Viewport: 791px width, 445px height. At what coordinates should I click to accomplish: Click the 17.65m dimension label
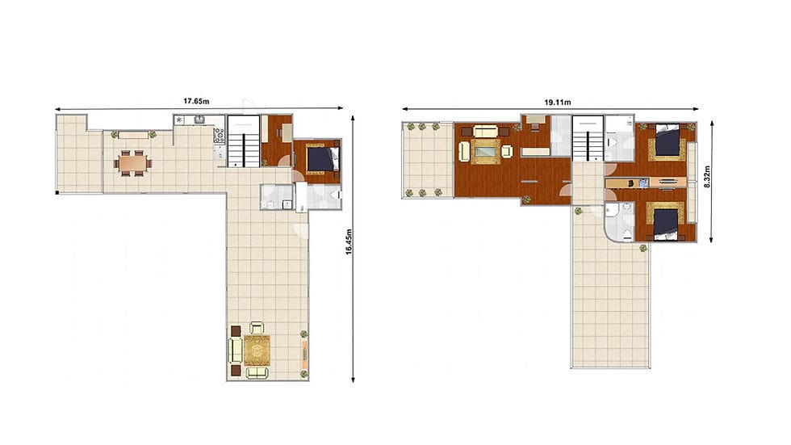pyautogui.click(x=196, y=101)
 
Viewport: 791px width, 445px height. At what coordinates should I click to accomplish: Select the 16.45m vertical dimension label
pyautogui.click(x=349, y=241)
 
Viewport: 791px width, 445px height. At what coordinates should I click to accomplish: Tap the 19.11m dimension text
pyautogui.click(x=558, y=102)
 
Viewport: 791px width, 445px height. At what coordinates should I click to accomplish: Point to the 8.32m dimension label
pyautogui.click(x=707, y=177)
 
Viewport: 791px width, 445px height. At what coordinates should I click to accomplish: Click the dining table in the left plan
pyautogui.click(x=132, y=163)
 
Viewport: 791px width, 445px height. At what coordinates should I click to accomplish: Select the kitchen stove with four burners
pyautogui.click(x=219, y=136)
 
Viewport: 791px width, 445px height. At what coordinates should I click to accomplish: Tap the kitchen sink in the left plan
pyautogui.click(x=200, y=119)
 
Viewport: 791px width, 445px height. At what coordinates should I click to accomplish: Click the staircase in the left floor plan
pyautogui.click(x=244, y=141)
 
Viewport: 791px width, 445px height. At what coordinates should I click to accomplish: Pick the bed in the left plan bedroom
pyautogui.click(x=322, y=158)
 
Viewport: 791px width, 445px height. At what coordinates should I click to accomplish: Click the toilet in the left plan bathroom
pyautogui.click(x=335, y=195)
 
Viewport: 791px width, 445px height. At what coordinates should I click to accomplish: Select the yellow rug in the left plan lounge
pyautogui.click(x=257, y=351)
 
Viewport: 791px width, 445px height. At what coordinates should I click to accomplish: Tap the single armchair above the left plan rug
pyautogui.click(x=257, y=328)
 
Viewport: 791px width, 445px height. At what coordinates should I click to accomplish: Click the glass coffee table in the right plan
pyautogui.click(x=486, y=151)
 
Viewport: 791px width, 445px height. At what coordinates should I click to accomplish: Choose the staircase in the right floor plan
pyautogui.click(x=588, y=138)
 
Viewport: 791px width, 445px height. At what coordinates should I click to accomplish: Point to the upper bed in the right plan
pyautogui.click(x=668, y=141)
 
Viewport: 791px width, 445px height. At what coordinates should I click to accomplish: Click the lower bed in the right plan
pyautogui.click(x=667, y=223)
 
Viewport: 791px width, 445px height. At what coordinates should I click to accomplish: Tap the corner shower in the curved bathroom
pyautogui.click(x=612, y=211)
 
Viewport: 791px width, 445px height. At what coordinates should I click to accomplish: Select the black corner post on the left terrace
pyautogui.click(x=57, y=192)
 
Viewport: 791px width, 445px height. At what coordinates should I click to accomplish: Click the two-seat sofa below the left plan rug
pyautogui.click(x=257, y=373)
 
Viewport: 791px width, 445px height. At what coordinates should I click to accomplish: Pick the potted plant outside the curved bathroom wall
pyautogui.click(x=643, y=248)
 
